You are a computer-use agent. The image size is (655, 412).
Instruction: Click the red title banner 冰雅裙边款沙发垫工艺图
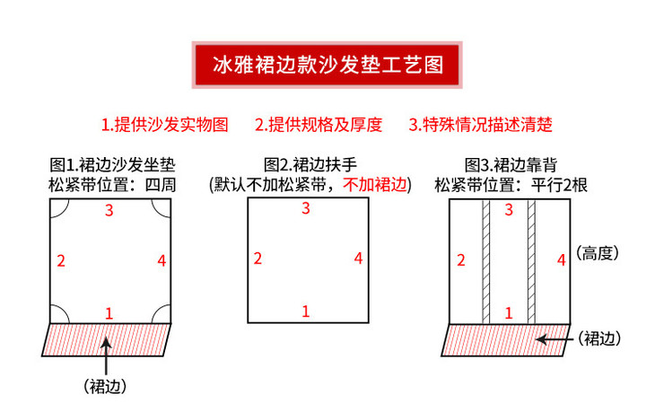click(327, 65)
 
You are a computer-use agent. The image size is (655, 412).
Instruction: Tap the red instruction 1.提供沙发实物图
click(165, 125)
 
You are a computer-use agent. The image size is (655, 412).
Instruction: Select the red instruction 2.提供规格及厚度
click(319, 125)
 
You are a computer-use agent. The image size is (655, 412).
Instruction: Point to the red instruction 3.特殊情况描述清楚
click(480, 125)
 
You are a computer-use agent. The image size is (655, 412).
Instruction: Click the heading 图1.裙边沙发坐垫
click(112, 164)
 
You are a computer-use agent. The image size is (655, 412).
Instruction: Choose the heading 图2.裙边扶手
click(310, 164)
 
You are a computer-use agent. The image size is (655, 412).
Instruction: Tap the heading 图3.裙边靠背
click(511, 164)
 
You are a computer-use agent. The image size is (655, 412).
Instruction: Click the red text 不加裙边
click(375, 184)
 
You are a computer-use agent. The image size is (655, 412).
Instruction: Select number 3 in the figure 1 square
click(109, 210)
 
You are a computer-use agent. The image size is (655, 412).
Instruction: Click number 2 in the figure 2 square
click(258, 259)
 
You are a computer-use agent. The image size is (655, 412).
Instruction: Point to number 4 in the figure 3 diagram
click(562, 260)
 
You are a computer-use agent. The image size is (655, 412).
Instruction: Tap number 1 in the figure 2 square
click(306, 311)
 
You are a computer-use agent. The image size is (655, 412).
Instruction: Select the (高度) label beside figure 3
click(598, 253)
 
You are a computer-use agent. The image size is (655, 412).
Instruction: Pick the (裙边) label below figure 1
click(105, 387)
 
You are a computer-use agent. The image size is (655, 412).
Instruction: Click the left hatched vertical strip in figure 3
click(485, 261)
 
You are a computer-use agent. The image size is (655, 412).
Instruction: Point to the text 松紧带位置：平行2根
click(511, 185)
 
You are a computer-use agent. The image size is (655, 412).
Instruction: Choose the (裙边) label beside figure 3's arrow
click(599, 338)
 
